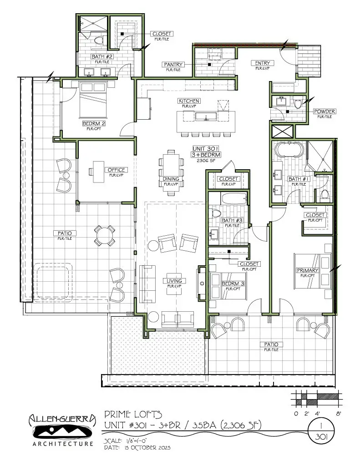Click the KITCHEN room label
point(189,101)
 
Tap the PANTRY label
point(173,65)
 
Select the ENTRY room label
point(263,63)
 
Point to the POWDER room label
point(325,111)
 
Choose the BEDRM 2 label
point(94,123)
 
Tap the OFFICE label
point(116,170)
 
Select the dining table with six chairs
point(172,172)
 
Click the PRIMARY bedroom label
point(308,270)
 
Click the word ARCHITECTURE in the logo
point(63,443)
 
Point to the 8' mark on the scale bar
point(339,414)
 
